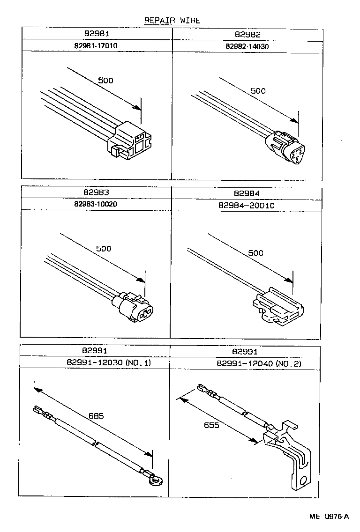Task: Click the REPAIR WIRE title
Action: point(172,20)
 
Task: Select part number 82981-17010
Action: point(97,46)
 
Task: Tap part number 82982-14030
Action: point(247,46)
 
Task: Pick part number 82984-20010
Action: point(247,205)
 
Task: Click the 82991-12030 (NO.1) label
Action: point(96,363)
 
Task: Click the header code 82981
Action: point(97,34)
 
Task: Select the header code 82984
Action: point(247,193)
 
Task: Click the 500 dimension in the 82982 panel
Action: point(258,91)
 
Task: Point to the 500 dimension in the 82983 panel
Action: point(104,249)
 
